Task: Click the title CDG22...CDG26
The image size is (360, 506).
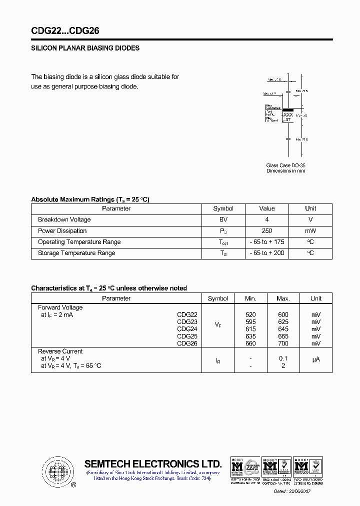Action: [x=65, y=31]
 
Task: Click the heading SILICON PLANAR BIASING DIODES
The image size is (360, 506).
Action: [x=85, y=48]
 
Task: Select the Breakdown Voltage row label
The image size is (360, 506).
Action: [x=64, y=220]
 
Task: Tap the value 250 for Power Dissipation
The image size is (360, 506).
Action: [x=267, y=231]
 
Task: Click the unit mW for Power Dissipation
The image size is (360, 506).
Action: [x=310, y=231]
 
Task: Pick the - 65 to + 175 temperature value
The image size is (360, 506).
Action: [x=267, y=242]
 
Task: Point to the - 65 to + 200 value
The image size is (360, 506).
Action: [x=267, y=253]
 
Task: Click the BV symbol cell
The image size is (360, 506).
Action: [x=223, y=220]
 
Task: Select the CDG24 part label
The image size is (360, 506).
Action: [x=187, y=329]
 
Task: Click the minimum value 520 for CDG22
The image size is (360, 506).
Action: [x=250, y=315]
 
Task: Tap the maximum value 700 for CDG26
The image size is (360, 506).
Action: [x=283, y=343]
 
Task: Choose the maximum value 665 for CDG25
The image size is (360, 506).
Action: [x=283, y=336]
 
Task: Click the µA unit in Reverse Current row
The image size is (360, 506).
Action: [x=316, y=359]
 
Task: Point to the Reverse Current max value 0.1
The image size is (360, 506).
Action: [x=283, y=358]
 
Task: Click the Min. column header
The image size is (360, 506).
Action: [x=250, y=298]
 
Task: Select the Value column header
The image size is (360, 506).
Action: [x=267, y=208]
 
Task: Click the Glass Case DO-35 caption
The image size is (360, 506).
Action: [x=285, y=165]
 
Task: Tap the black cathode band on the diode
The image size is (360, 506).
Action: [x=288, y=109]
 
